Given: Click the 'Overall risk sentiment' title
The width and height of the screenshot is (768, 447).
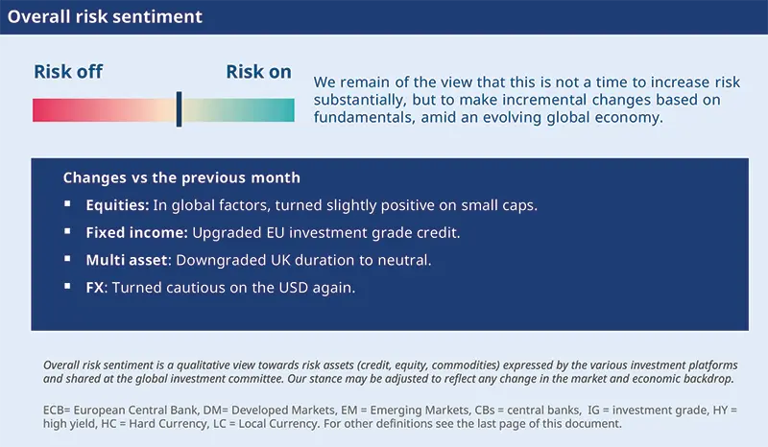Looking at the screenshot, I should pos(106,17).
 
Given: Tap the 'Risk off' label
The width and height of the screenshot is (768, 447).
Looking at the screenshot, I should pos(68,72).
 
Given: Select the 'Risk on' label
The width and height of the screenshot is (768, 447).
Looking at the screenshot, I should pos(258,72).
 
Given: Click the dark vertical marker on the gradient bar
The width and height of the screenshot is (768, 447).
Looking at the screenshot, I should pos(179,109).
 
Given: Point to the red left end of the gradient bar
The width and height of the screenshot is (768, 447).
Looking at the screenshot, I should pos(40,109).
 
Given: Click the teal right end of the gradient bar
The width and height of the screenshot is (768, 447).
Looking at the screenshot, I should pos(287,109).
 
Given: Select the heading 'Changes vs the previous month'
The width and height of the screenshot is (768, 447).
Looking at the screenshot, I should pos(181,177).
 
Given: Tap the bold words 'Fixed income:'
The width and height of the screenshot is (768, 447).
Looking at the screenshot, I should pos(137,232).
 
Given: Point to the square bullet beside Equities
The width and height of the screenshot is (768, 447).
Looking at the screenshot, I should pos(67,205).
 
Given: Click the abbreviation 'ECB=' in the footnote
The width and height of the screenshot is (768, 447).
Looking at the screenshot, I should pos(60,409).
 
